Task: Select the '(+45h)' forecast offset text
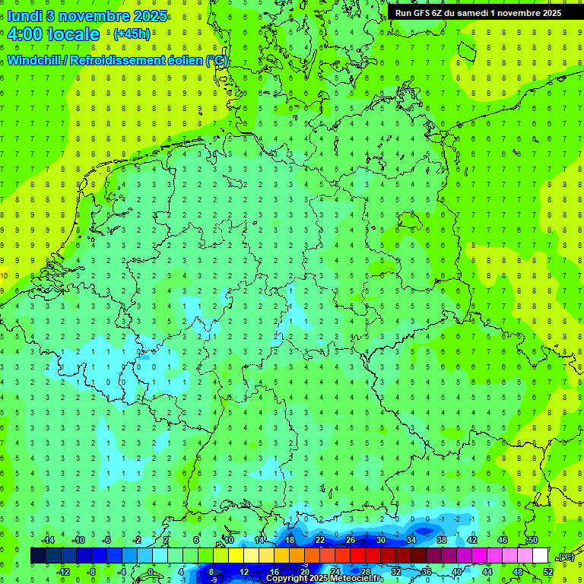point(132,34)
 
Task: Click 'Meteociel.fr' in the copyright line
point(357,579)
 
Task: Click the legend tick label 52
point(548,571)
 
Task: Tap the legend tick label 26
point(351,540)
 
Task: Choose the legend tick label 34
point(411,540)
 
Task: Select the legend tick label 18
point(290,540)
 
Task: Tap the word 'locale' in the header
point(73,34)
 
